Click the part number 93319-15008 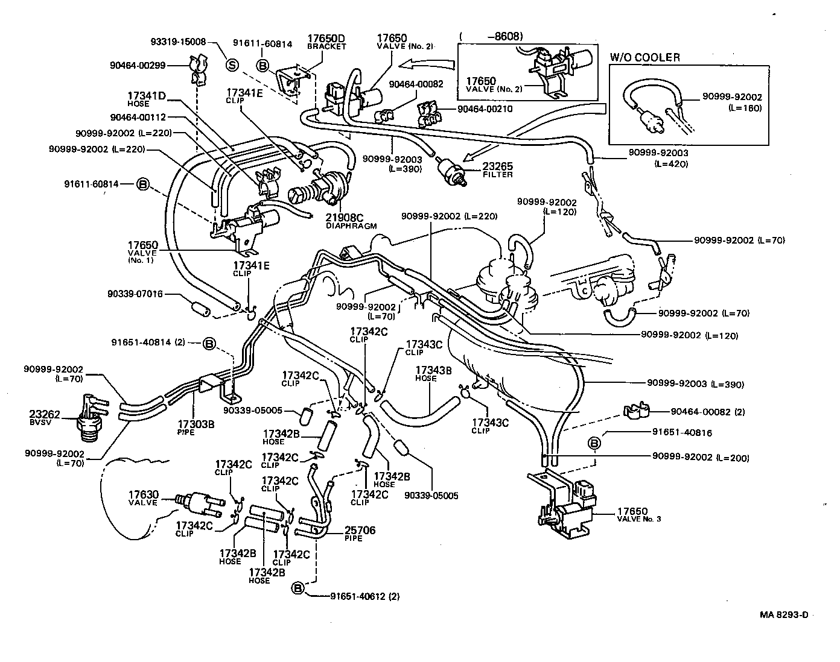point(177,42)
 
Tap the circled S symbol point(232,65)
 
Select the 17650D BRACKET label point(326,42)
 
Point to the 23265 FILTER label point(497,170)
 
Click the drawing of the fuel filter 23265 point(453,170)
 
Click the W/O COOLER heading point(644,57)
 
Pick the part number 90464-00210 point(485,109)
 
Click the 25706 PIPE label point(360,534)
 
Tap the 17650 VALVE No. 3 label point(638,515)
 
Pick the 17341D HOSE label point(146,99)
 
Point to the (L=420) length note point(670,163)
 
